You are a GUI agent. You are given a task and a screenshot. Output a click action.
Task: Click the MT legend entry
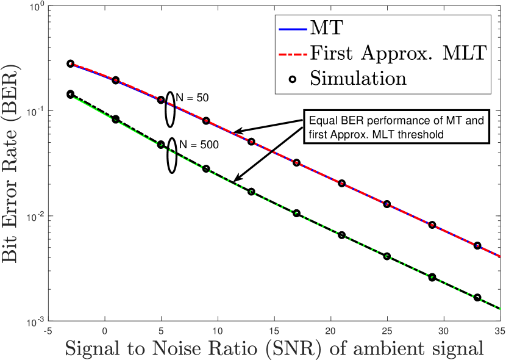pos(325,27)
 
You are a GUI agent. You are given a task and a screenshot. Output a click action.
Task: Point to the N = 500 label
pos(198,145)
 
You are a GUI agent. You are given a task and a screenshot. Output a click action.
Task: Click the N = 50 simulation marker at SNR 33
pos(477,246)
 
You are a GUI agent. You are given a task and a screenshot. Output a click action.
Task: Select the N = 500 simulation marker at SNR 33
pos(477,298)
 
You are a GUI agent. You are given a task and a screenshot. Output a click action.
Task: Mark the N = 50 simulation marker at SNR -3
pos(70,63)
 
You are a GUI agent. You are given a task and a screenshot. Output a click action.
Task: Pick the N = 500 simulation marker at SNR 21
pos(341,235)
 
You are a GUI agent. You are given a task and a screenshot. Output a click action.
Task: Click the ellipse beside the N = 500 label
pos(172,157)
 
